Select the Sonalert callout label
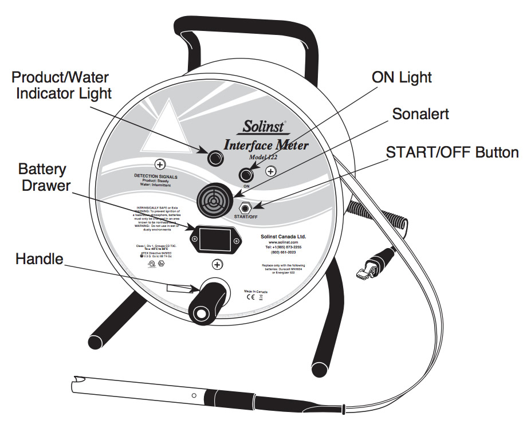(420, 113)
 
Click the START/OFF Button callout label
(452, 152)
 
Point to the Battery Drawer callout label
(42, 178)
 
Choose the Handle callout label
(38, 260)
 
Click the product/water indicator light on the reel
(215, 156)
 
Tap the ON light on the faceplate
(247, 173)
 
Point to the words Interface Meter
(266, 144)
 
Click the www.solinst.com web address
(276, 242)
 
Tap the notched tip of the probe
(80, 380)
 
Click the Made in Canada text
(257, 291)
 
